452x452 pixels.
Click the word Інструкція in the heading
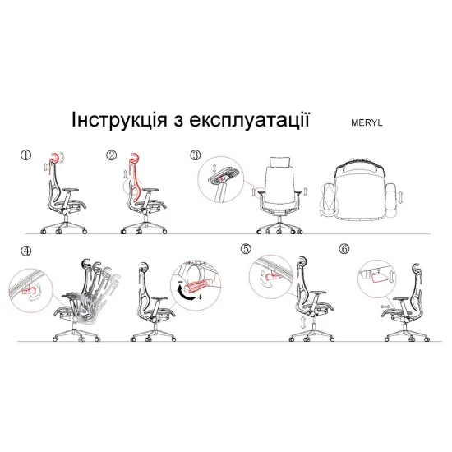pos(119,120)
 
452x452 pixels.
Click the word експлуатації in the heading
pos(249,120)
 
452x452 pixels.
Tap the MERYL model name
pos(367,122)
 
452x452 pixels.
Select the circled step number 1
pos(25,155)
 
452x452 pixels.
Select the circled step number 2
pos(111,155)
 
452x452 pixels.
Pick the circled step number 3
pos(195,155)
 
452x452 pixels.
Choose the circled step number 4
pos(26,251)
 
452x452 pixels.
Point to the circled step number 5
pos(246,249)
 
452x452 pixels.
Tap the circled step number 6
pos(344,249)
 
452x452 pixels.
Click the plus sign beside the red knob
pos(200,297)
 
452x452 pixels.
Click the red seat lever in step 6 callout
pos(378,278)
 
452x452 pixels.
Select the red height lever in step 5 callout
pos(272,277)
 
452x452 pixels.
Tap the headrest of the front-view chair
pos(279,162)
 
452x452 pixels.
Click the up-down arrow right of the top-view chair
pos(400,197)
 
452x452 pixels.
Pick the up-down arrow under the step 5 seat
pos(303,322)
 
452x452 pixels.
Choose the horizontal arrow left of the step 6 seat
pos(385,307)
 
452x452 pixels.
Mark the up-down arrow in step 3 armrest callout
pos(214,168)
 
